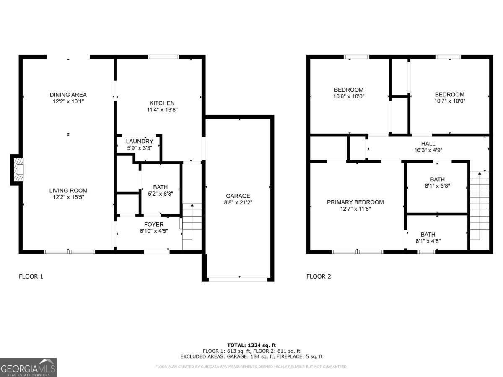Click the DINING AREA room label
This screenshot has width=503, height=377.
pos(68,95)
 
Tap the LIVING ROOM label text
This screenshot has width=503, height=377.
pos(68,190)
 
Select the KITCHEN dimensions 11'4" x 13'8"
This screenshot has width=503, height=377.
pos(162,110)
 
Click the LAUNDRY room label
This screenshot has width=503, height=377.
pos(140,141)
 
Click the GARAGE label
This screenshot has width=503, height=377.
pos(238,196)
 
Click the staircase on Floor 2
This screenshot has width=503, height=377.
pos(479,205)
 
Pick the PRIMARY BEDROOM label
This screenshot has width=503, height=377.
pos(355,202)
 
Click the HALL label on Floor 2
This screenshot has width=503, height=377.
pos(428,143)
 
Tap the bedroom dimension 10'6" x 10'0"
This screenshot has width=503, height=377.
pos(349,96)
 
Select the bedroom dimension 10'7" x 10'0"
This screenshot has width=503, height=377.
pos(449,101)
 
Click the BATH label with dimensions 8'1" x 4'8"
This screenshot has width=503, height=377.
pos(428,235)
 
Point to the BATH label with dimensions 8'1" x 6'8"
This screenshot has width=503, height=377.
pos(437,179)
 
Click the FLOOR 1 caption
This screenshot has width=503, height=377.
pos(31,276)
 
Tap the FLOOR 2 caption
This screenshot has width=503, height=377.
pos(319,276)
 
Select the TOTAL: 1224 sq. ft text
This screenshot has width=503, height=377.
pos(251,345)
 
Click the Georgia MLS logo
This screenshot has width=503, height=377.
pos(28,367)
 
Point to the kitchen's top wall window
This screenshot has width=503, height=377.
pos(164,57)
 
